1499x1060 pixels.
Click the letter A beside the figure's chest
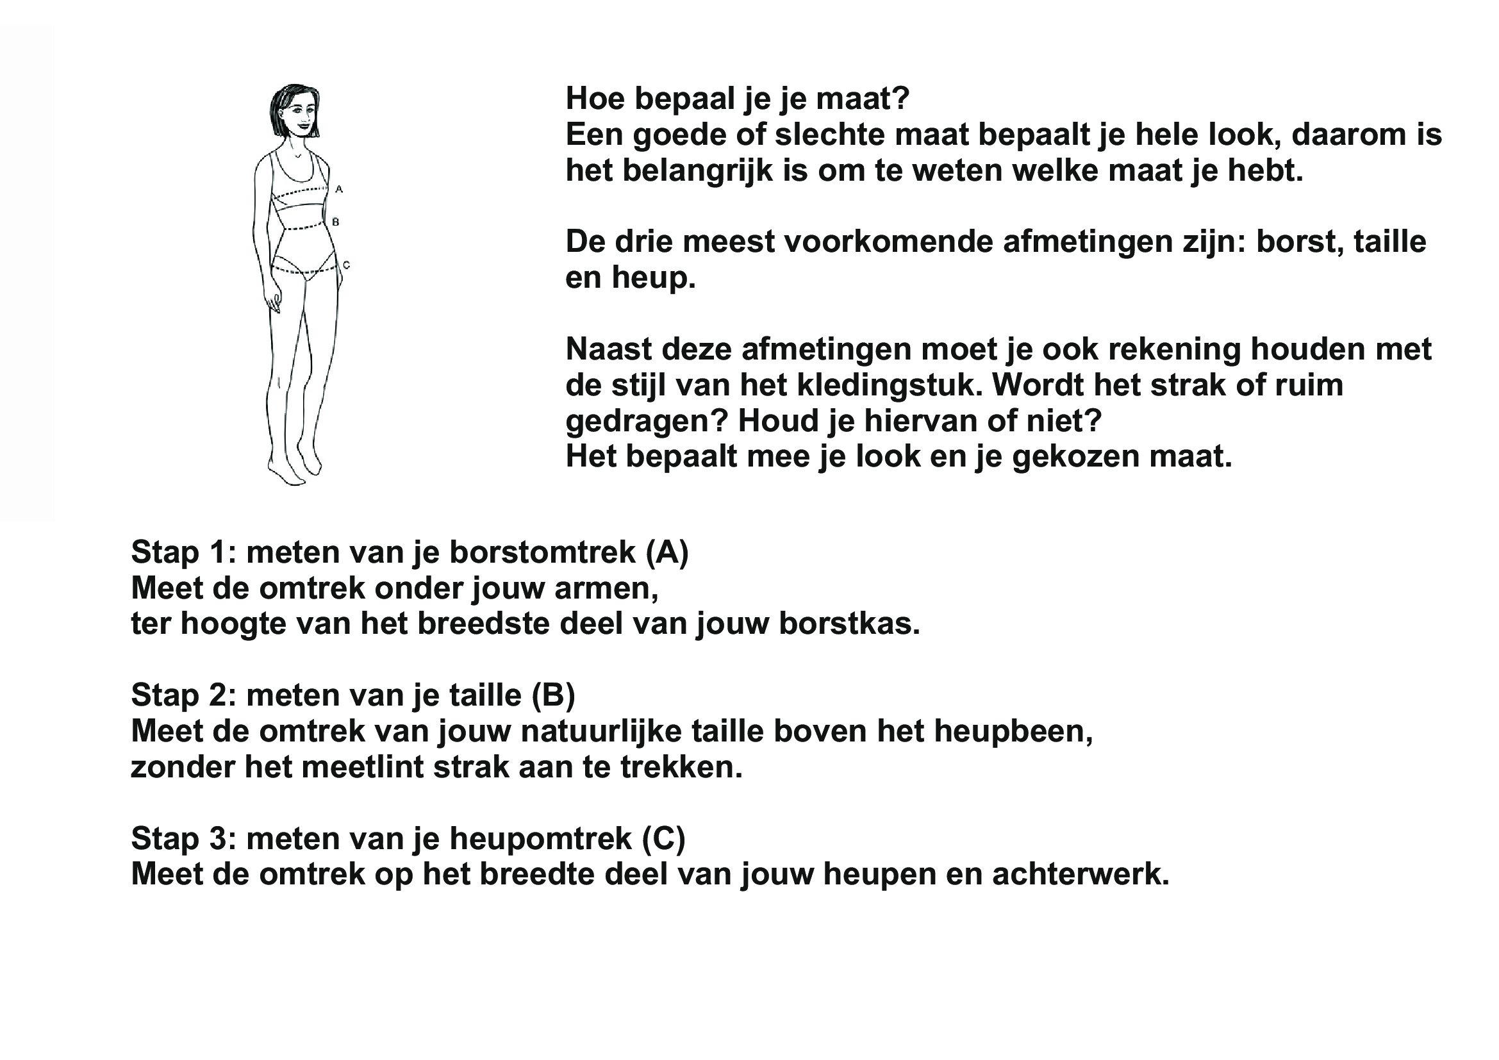339,189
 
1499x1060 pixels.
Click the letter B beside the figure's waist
336,222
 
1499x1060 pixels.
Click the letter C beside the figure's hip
347,265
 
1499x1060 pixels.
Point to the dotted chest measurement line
300,192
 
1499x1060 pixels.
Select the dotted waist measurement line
302,228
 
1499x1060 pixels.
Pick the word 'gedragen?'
647,422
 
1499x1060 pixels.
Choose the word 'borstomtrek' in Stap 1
543,553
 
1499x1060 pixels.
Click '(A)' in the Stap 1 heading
667,553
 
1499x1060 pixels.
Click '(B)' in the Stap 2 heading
554,696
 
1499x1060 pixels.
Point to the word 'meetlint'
362,768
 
